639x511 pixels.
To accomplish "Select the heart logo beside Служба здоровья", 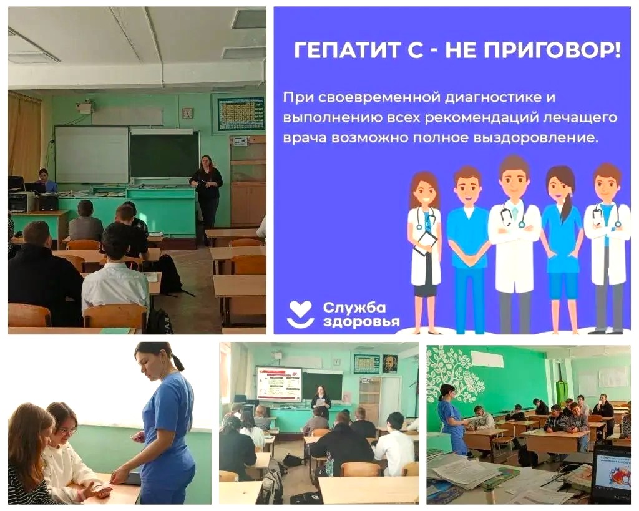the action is (x=300, y=314).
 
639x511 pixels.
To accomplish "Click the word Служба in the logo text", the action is (x=354, y=308).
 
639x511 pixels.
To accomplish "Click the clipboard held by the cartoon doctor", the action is (x=426, y=243).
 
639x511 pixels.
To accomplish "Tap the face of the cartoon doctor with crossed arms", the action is (x=514, y=178).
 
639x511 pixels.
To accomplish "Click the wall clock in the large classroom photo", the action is (x=187, y=113).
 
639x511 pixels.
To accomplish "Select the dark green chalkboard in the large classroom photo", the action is (x=164, y=155).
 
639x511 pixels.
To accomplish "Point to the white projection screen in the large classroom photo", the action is (x=92, y=155).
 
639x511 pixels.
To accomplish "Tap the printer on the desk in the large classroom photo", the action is (x=22, y=202).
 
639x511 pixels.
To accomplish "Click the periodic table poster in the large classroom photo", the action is (x=241, y=114).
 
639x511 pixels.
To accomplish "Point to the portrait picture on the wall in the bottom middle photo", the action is (x=390, y=364).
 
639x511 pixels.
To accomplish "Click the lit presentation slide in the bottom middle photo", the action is (x=279, y=384).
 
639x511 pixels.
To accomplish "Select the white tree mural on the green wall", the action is (x=456, y=374).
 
